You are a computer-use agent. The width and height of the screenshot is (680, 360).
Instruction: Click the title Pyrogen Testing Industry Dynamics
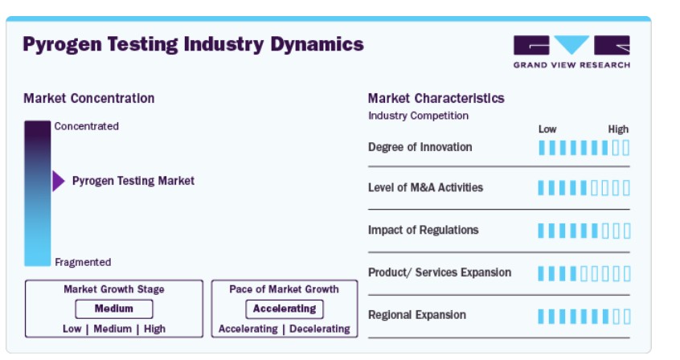(193, 44)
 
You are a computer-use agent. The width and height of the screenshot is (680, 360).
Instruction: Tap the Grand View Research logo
(571, 51)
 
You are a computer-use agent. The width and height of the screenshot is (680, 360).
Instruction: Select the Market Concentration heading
(89, 99)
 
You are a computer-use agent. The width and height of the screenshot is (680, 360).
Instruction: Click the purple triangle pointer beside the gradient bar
(59, 181)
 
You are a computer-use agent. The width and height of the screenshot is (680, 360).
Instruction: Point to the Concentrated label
(86, 126)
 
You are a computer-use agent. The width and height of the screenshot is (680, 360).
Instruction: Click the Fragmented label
(83, 262)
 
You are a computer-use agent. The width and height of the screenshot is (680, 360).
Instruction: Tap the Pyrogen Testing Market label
(133, 181)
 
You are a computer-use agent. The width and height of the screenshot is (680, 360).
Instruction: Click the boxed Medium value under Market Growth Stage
(114, 309)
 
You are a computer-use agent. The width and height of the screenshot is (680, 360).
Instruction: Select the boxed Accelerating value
(285, 309)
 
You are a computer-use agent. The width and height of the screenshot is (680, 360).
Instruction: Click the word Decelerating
(320, 329)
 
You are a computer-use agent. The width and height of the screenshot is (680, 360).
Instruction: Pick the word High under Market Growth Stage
(154, 329)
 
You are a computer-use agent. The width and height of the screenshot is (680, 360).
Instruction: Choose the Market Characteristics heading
(436, 99)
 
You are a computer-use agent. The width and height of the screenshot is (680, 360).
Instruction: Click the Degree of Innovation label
(420, 147)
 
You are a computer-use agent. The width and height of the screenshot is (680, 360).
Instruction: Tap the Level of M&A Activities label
(425, 187)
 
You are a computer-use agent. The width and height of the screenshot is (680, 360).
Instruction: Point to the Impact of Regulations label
(424, 230)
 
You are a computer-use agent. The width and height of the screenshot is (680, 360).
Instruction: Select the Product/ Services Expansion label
(440, 272)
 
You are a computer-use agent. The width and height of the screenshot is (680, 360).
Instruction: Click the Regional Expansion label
(417, 315)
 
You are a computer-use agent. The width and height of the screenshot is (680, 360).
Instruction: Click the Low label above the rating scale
(547, 129)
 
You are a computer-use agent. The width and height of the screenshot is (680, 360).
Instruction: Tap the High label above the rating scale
(618, 129)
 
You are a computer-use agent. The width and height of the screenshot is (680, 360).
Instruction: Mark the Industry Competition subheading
(419, 116)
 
